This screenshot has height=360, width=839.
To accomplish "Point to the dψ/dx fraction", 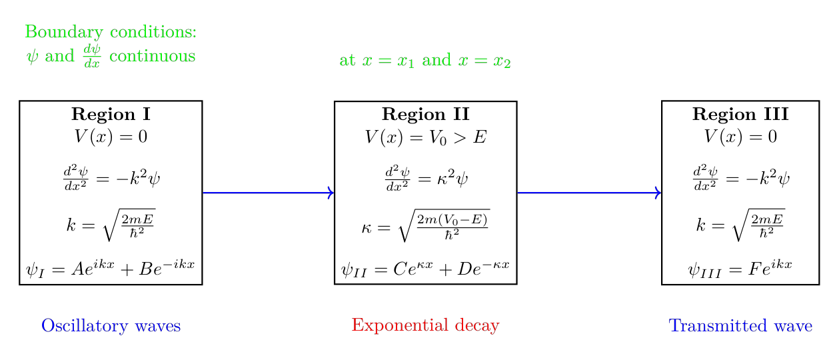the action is (92, 56).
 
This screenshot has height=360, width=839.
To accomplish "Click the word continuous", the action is (152, 56).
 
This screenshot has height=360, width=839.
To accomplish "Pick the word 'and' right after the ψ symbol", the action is (60, 56).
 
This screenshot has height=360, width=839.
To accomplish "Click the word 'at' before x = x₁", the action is (347, 61).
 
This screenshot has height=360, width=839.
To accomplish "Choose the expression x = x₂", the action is (484, 61).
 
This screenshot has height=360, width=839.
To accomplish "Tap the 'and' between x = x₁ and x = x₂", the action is (436, 61).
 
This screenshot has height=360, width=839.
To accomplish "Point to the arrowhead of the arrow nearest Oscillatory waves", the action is (330, 193).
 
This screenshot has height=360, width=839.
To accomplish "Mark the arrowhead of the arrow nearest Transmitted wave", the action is (658, 193).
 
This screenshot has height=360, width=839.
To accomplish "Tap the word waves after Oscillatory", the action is (158, 326).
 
